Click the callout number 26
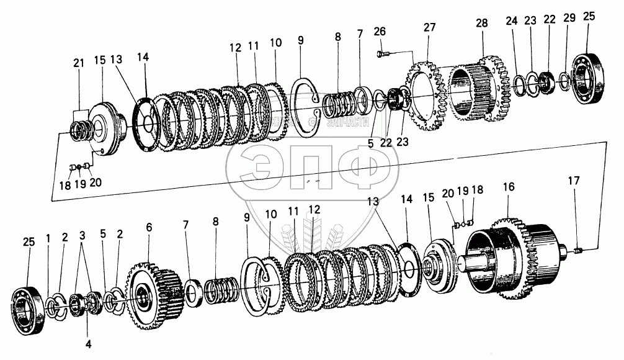coord(380,31)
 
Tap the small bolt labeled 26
coord(382,53)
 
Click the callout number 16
coord(509,186)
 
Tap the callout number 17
coord(574,181)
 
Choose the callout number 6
coord(149,228)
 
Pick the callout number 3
coord(82,236)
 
